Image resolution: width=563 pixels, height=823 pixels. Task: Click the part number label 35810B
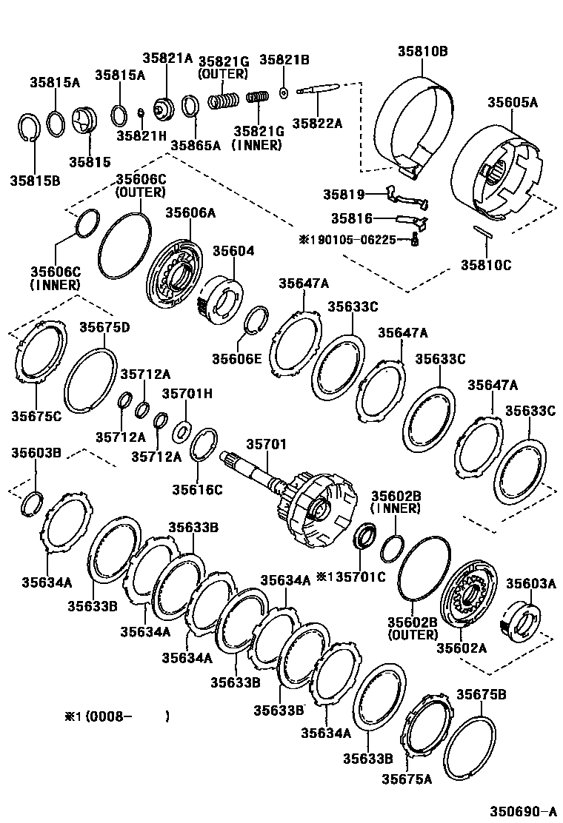[x=423, y=51]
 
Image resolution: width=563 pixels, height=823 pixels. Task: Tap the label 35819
[x=344, y=195]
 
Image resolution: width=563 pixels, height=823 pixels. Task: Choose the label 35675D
[x=104, y=327]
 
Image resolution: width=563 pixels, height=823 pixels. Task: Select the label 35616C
[x=198, y=489]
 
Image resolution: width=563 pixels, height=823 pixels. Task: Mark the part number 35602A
[x=461, y=648]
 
